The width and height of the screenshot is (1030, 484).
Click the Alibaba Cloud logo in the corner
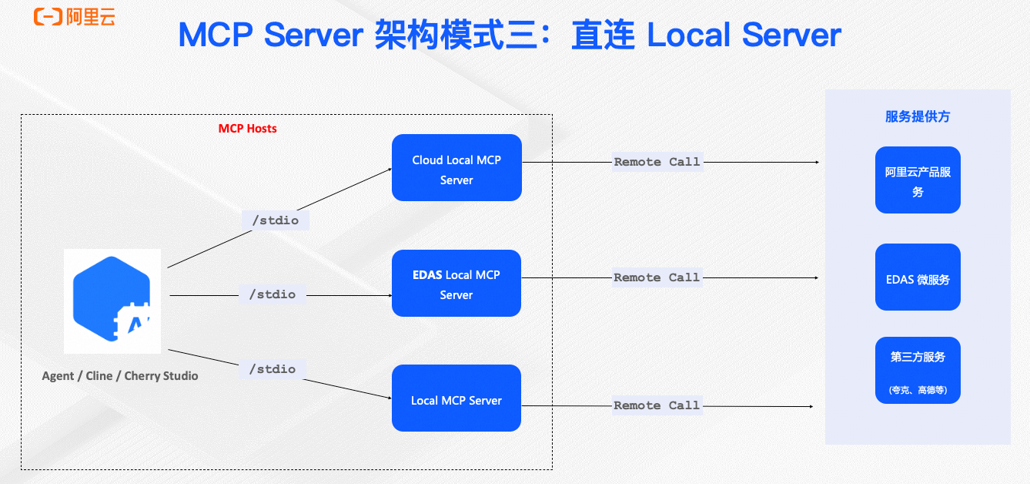(75, 16)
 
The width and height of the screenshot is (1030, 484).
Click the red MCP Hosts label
(247, 129)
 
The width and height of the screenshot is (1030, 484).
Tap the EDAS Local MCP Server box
(456, 283)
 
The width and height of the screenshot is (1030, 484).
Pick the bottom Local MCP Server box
(456, 398)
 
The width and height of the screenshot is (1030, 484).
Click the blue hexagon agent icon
(112, 301)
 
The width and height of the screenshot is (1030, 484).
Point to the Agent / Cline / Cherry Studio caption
(120, 376)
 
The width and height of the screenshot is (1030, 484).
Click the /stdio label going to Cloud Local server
(276, 220)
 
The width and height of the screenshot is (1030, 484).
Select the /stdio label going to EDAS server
(273, 294)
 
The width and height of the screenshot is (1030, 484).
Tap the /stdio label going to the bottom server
(273, 369)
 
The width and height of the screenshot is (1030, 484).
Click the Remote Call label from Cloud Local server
(657, 162)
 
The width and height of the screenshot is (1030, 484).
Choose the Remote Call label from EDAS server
(657, 277)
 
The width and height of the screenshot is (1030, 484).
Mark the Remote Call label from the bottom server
(657, 405)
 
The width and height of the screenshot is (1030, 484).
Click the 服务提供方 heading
(918, 117)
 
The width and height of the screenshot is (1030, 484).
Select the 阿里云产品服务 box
(918, 180)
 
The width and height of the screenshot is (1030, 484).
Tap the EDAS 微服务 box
(918, 277)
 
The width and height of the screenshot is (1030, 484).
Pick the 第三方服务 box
(918, 371)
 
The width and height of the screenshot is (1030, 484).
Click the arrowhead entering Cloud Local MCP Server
(389, 169)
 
